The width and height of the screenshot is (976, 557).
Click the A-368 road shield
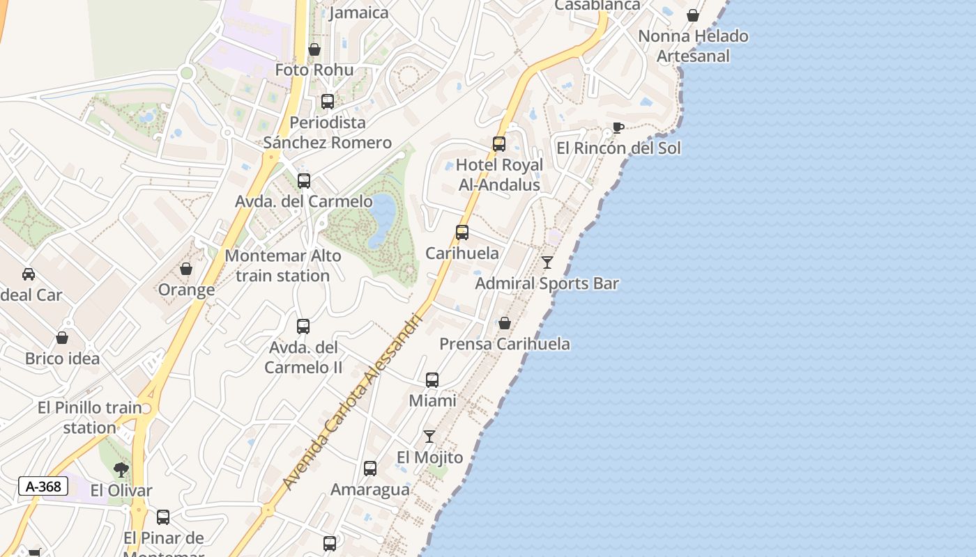pos(43,486)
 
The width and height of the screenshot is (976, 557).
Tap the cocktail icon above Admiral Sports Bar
pos(547,262)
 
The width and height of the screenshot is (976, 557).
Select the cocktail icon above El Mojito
pos(429,437)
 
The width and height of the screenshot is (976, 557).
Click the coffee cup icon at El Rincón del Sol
pos(617,127)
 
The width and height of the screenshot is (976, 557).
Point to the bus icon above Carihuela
pos(462,233)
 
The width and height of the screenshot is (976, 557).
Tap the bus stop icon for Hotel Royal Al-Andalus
pos(499,144)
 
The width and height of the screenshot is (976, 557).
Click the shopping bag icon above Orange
pos(186,269)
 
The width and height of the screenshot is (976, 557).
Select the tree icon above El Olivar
pos(121,469)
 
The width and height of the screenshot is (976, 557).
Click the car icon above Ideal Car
pos(29,274)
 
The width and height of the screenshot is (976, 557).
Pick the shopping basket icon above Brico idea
pos(62,338)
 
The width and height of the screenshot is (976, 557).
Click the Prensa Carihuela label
pos(505,344)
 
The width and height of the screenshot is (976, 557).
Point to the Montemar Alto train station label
pos(283,265)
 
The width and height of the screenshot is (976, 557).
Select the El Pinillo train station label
pos(90,417)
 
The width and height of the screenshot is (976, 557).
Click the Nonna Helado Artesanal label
pos(693,46)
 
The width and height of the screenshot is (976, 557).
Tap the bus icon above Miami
pos(432,380)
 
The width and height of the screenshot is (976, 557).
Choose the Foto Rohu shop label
pos(314,70)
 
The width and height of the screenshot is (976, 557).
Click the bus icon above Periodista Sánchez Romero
pos(328,102)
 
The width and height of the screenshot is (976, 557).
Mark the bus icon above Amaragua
pos(370,469)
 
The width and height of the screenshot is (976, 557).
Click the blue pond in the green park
pos(381,219)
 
